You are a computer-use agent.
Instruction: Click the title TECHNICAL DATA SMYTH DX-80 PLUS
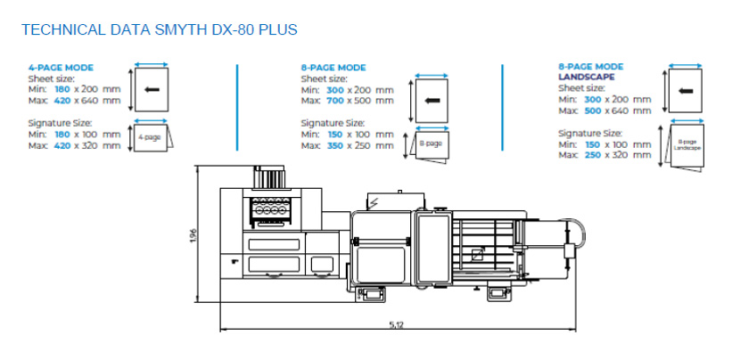(x=158, y=30)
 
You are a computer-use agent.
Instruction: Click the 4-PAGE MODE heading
(x=61, y=68)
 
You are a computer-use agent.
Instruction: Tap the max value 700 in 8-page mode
(x=336, y=100)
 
